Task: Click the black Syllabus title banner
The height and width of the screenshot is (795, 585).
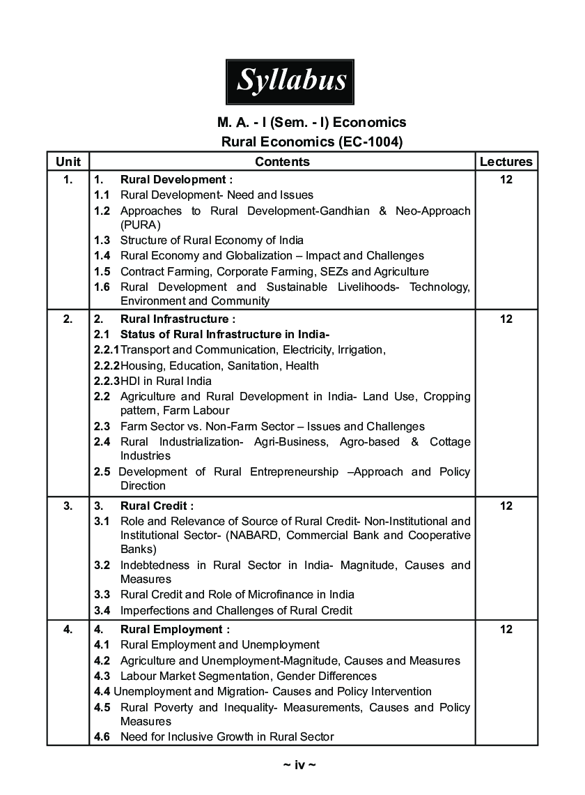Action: (290, 82)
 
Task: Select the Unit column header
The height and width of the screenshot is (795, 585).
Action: (68, 162)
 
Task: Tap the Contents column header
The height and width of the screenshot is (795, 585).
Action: (282, 162)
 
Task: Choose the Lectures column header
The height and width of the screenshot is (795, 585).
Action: (506, 162)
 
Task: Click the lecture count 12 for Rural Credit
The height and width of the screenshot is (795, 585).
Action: (506, 506)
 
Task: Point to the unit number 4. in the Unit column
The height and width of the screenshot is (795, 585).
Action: (68, 629)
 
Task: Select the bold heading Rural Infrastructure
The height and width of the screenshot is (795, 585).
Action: (174, 319)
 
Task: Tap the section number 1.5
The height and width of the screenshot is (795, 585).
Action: (102, 271)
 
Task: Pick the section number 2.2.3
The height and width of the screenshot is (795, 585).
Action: (107, 381)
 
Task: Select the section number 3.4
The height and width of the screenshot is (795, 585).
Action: (102, 610)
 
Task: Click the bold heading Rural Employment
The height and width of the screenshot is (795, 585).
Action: (171, 629)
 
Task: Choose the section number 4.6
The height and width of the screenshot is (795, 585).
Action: (102, 736)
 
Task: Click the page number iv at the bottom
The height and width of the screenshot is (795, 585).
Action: (299, 765)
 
